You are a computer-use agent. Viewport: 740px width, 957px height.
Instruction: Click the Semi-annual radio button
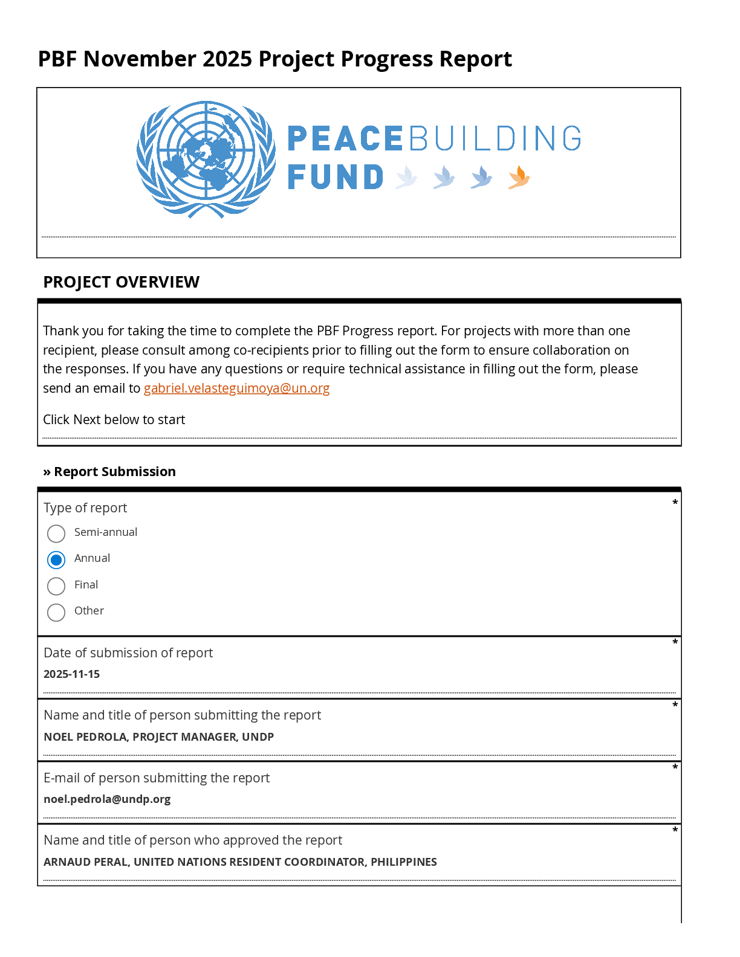56,533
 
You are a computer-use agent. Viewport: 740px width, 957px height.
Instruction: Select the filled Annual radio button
56,560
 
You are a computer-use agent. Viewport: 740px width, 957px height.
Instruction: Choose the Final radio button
56,586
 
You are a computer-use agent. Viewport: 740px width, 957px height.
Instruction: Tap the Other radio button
56,612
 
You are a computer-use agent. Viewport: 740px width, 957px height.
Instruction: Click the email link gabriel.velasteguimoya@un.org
236,388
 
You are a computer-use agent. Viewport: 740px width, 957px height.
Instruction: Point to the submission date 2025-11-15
71,674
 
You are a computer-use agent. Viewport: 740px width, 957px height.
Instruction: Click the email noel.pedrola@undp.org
107,799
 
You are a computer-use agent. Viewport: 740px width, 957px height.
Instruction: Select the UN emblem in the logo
206,159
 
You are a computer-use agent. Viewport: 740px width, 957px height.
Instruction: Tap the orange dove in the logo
519,177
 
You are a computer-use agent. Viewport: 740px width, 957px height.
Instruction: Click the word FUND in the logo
336,177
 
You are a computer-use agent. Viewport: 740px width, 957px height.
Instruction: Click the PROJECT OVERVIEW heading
121,282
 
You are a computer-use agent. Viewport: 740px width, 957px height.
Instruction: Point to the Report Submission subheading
114,472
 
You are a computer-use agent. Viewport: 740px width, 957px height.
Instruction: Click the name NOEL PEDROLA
85,737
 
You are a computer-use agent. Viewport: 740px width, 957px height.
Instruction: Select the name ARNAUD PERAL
85,862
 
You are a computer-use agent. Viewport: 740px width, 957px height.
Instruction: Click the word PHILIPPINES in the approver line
403,862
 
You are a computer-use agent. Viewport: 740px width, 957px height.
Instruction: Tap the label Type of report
85,508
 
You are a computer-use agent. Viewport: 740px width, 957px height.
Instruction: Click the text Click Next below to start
114,420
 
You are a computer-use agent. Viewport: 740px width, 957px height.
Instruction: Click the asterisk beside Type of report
675,503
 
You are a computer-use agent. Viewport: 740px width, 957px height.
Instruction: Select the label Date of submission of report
128,653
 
